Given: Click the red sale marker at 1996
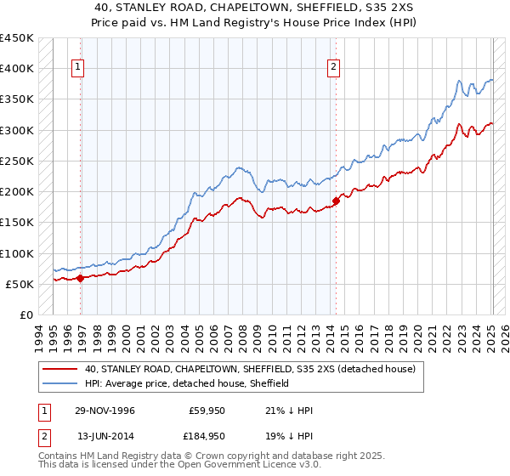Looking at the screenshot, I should pyautogui.click(x=81, y=277).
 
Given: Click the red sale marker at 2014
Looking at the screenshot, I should pyautogui.click(x=336, y=201).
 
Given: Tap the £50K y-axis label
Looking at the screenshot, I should pyautogui.click(x=20, y=284).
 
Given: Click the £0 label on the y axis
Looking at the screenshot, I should pyautogui.click(x=26, y=314).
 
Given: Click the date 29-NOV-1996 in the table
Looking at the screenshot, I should pyautogui.click(x=105, y=410).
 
